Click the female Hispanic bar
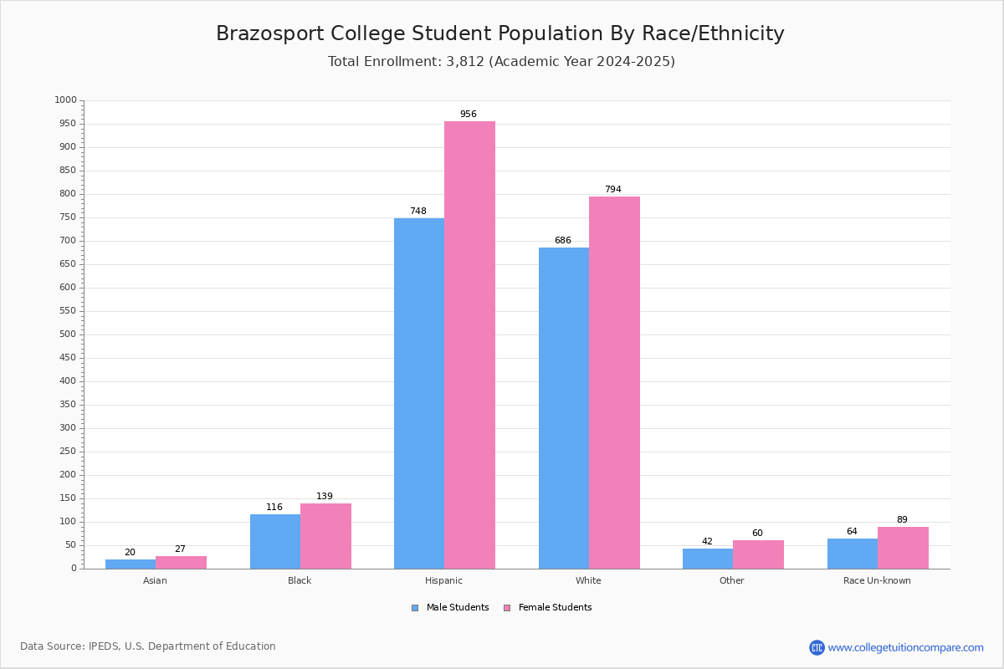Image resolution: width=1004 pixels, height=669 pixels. tap(469, 345)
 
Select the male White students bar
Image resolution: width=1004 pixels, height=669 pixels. tap(564, 408)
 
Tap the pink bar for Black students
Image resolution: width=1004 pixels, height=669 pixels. tap(325, 536)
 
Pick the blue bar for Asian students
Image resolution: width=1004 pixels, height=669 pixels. tap(131, 564)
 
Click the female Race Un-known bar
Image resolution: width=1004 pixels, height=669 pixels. tap(903, 548)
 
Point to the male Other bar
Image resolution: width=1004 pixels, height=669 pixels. tap(708, 559)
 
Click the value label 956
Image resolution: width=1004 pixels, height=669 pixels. tap(469, 114)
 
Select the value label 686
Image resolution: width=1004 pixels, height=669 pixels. tap(563, 240)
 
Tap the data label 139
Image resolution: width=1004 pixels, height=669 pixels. tap(325, 496)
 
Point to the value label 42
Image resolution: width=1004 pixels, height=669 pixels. tap(707, 541)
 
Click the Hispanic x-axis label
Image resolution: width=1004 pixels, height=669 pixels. tap(443, 580)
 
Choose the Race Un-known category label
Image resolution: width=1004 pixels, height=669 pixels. tap(877, 580)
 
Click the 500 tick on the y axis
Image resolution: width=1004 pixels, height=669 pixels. tap(68, 334)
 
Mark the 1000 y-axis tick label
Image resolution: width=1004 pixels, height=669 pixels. tap(66, 100)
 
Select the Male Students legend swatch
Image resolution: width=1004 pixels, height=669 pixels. tap(415, 608)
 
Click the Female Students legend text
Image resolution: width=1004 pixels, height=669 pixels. tap(556, 608)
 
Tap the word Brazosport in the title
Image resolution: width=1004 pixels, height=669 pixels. tap(270, 34)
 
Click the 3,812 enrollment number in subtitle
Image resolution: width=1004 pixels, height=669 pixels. tap(465, 62)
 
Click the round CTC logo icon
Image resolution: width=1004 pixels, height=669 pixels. tap(817, 647)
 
